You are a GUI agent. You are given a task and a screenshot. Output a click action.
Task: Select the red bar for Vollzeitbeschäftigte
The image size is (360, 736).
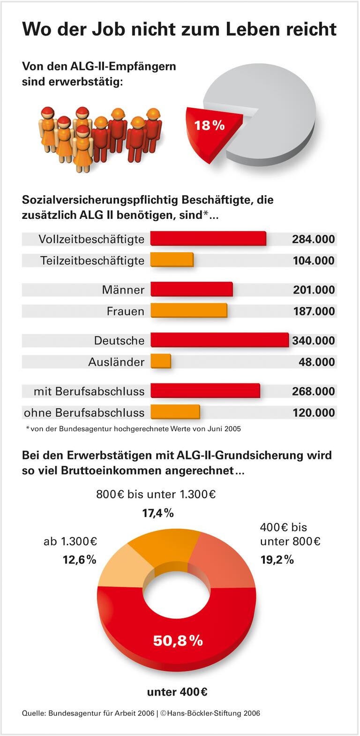coord(208,239)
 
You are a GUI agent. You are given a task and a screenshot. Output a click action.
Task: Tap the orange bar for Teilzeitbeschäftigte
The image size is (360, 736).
coord(172,260)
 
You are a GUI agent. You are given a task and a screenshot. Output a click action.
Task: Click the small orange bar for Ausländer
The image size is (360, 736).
coord(161,361)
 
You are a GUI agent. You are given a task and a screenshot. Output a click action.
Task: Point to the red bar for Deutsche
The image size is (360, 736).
coord(219,340)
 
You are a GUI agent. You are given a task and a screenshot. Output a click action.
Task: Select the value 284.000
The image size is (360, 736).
coord(313,239)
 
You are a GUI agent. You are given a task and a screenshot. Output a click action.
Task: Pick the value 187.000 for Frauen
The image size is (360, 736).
coord(314,311)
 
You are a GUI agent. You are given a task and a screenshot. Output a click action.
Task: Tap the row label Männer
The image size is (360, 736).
coord(123,290)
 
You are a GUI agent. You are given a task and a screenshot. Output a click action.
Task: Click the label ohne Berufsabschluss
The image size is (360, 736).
coord(84,413)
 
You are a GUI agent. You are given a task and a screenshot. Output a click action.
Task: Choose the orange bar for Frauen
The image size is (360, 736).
coord(188,311)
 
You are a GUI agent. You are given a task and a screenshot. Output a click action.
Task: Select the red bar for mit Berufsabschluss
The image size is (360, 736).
coord(205,391)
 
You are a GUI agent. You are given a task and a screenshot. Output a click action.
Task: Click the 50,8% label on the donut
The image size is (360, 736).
coord(178,640)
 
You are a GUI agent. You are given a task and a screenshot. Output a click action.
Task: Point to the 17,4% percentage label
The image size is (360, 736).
coord(158,513)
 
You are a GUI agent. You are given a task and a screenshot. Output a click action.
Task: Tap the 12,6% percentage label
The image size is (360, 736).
coord(80,559)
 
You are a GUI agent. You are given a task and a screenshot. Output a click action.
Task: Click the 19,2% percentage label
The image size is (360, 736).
coord(277,559)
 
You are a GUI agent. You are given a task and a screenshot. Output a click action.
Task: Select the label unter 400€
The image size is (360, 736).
coord(177,692)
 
